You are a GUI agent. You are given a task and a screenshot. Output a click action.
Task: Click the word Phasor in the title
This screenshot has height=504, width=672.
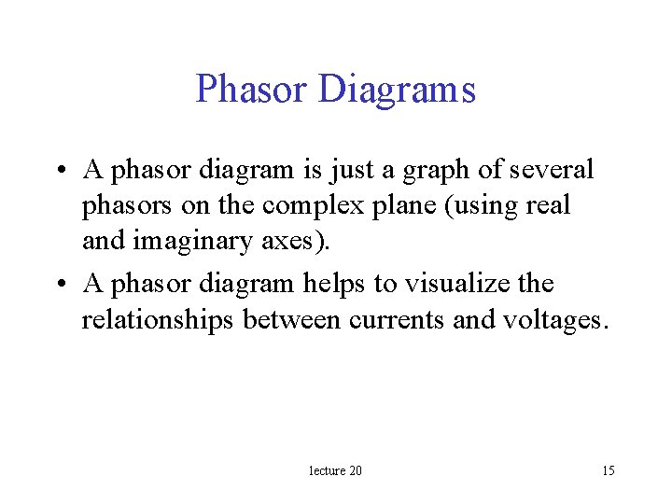[251, 90]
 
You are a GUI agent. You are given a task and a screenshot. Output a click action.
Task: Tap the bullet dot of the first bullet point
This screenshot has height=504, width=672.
[62, 171]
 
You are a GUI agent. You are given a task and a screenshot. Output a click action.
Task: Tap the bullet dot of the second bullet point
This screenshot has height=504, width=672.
[62, 284]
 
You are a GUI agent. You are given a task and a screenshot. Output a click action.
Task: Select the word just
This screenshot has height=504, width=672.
[348, 170]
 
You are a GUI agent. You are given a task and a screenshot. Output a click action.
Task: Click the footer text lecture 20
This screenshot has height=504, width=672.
[335, 470]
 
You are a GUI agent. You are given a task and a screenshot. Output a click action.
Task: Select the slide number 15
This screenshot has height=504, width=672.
[608, 470]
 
